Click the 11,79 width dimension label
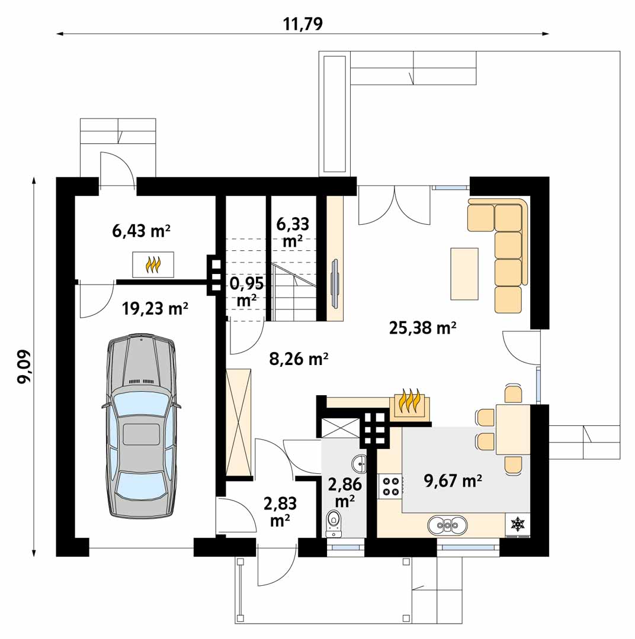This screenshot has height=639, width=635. click(x=303, y=24)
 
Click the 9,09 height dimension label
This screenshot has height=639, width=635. click(x=24, y=366)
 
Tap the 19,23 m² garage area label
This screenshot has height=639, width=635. click(x=155, y=309)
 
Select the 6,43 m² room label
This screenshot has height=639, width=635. click(x=141, y=231)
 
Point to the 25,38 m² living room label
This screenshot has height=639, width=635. click(x=422, y=328)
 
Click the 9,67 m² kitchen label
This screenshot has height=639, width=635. click(x=453, y=481)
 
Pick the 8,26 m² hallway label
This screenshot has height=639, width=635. click(x=299, y=359)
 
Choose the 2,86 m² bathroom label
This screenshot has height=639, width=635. click(x=345, y=492)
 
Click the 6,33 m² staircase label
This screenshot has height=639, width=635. click(x=293, y=233)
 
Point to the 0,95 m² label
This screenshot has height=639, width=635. click(x=246, y=291)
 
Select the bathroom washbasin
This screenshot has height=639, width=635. click(x=359, y=462)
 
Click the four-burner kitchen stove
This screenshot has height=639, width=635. click(x=390, y=486)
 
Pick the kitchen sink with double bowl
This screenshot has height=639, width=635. click(x=448, y=525)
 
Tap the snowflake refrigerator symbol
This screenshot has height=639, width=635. click(x=518, y=524)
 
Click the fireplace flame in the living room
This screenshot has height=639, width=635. click(x=409, y=402)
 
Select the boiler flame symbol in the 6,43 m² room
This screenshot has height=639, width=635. click(x=153, y=264)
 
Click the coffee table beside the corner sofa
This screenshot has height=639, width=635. click(x=464, y=274)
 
